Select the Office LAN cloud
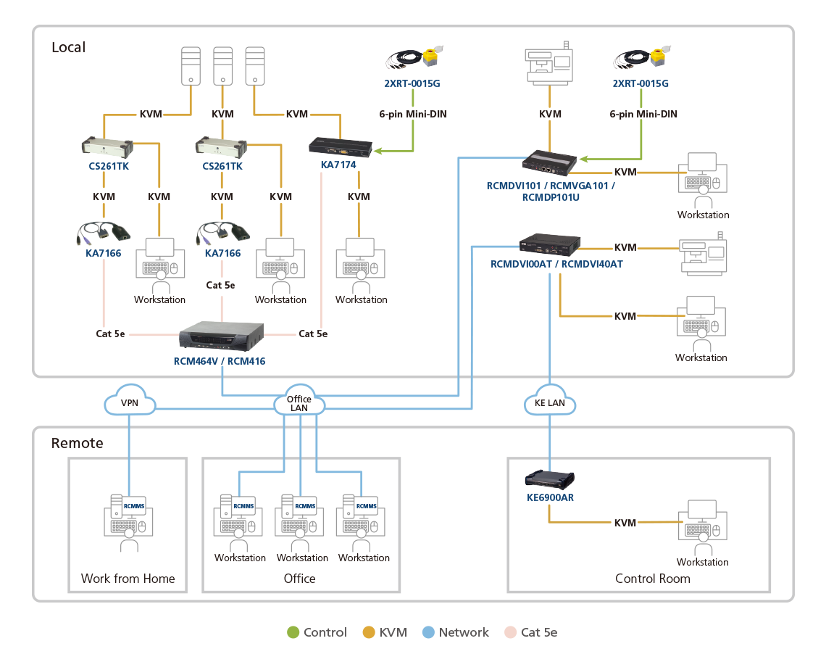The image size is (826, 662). pos(299,402)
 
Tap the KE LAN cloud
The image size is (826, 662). pos(550,402)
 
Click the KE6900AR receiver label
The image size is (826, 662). pos(550,498)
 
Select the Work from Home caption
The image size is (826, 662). pos(128,578)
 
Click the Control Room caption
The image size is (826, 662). pos(652,578)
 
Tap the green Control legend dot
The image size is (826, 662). pos(293,632)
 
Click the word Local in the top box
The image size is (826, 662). pos(68,48)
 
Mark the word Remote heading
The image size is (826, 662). pos(77,443)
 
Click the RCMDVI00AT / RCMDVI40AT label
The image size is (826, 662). pos(556,265)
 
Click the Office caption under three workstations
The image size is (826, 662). pos(299,578)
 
